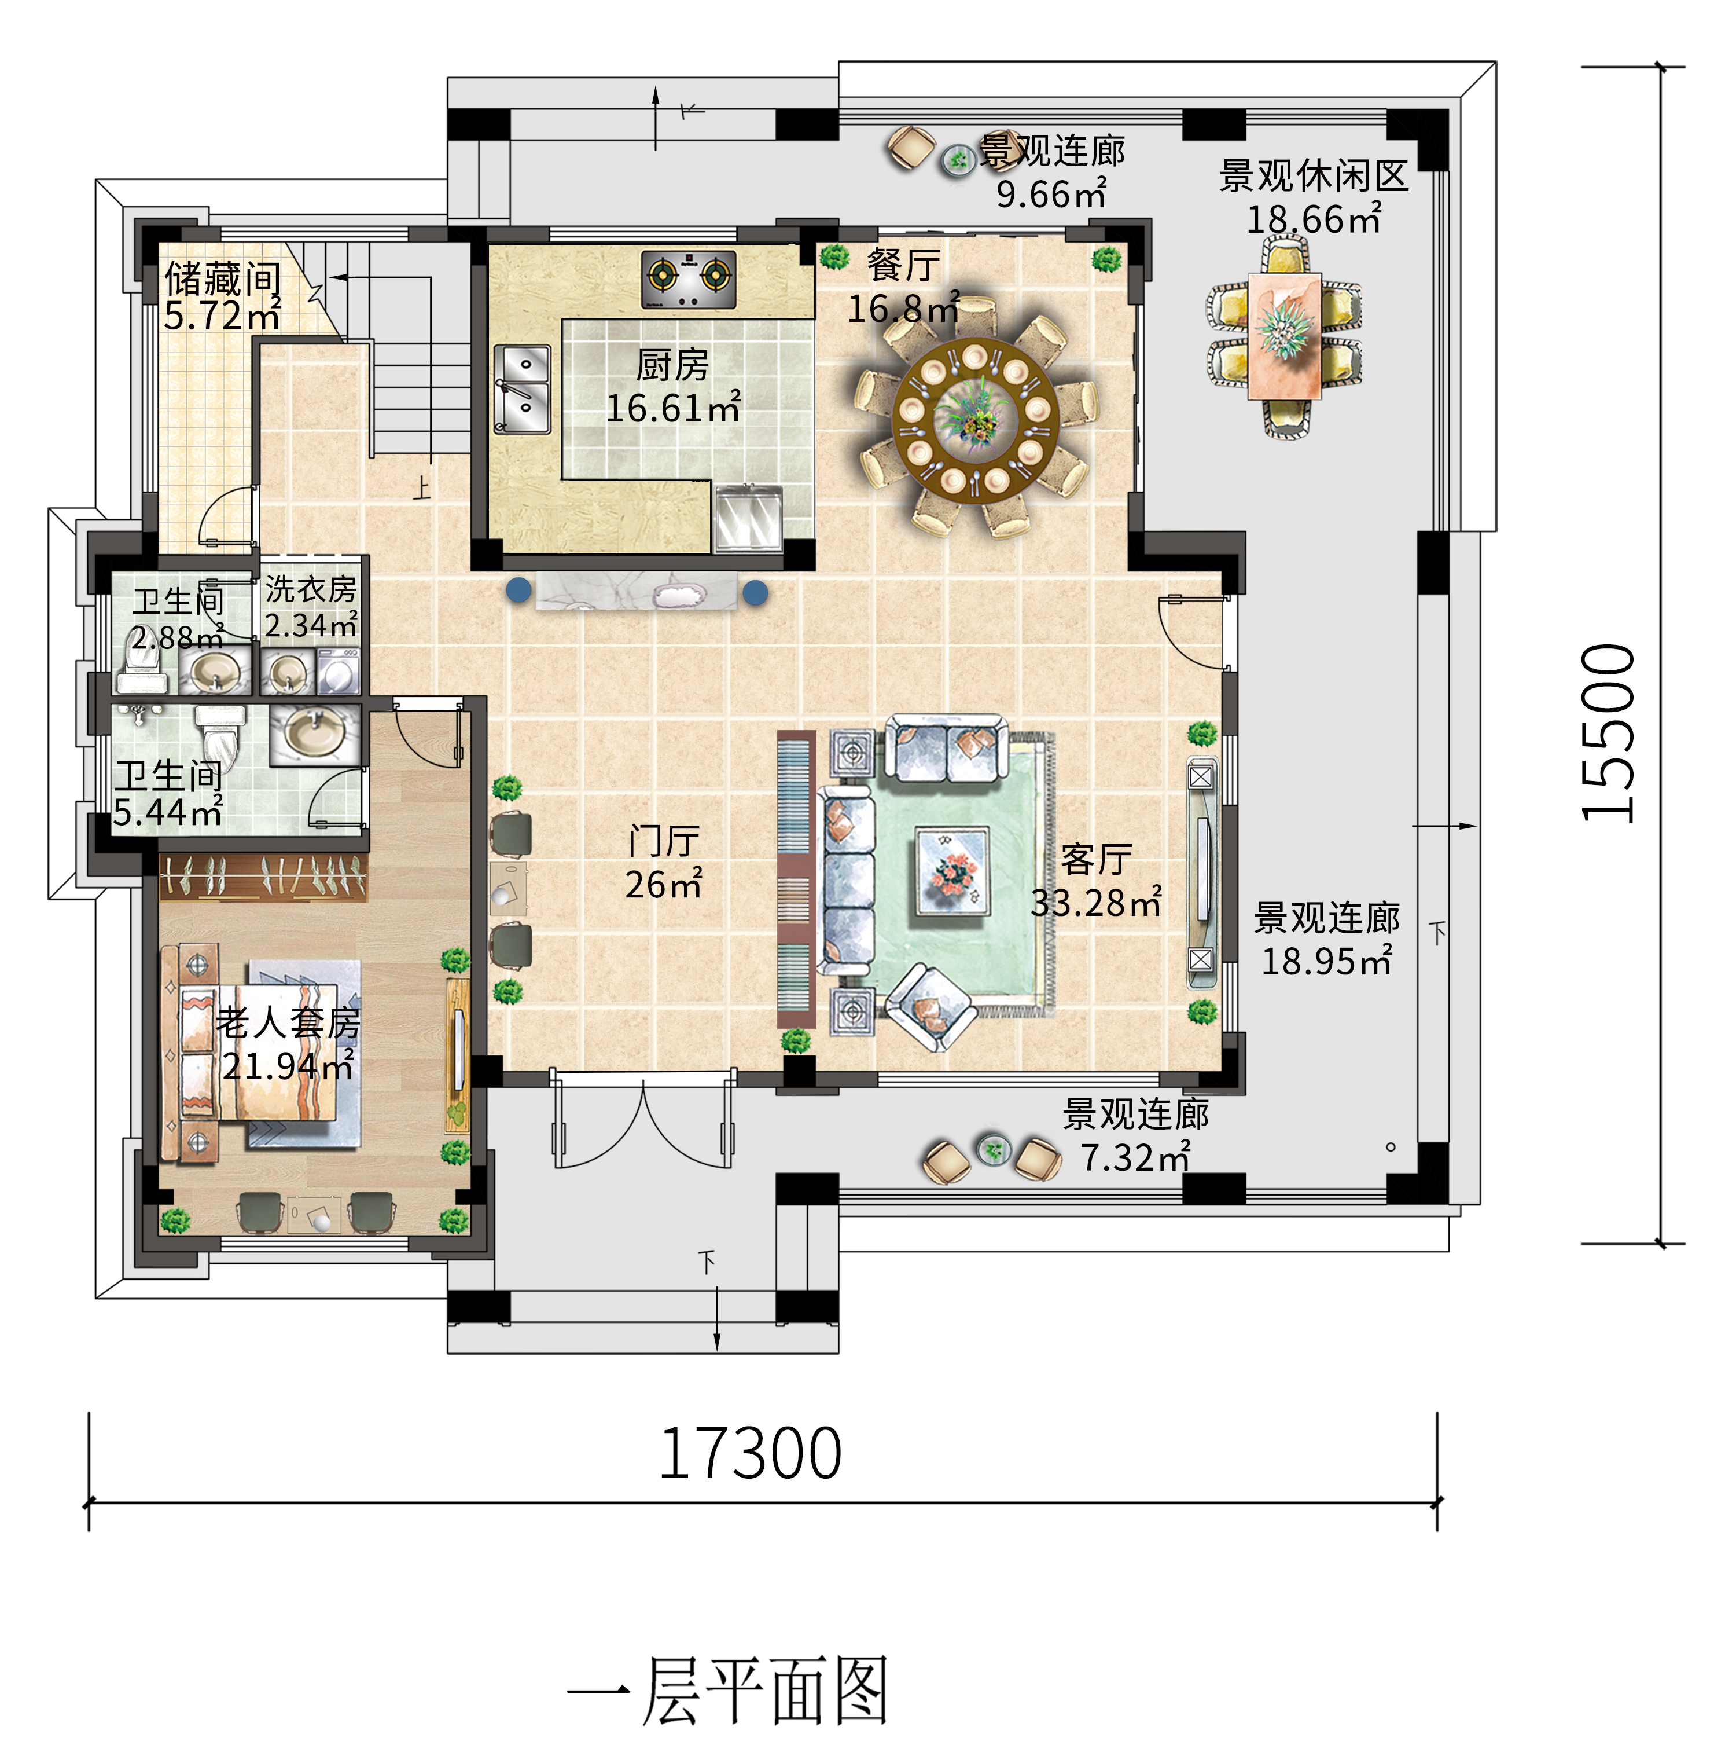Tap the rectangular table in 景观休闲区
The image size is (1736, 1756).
[1283, 336]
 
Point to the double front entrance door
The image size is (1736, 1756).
[643, 1123]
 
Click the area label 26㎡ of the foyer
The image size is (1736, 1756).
[663, 884]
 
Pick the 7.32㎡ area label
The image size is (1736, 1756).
[1135, 1157]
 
